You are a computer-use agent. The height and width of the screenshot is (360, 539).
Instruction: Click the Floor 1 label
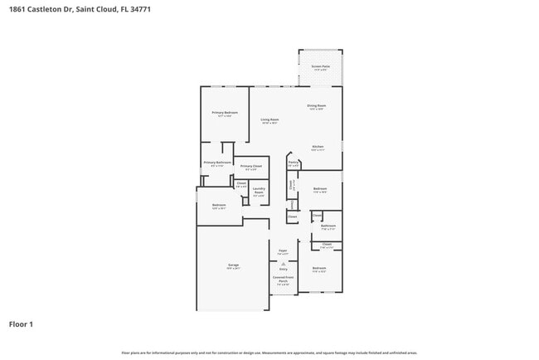coord(21,324)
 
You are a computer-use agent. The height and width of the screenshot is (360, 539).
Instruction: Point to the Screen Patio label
coord(320,66)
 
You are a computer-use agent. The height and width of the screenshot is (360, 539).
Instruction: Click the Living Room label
coord(269,119)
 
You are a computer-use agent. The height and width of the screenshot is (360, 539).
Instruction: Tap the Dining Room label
coord(317,105)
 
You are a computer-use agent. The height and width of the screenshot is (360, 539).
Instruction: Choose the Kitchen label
coord(318,146)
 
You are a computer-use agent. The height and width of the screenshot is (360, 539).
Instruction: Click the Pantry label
coord(293,163)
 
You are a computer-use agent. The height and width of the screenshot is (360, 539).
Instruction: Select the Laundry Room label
coord(259,190)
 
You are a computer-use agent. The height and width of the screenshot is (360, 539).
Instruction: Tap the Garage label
coord(234,265)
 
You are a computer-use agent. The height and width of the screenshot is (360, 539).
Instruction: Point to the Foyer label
coord(283,250)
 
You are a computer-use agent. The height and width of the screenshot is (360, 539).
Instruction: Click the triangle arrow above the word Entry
coord(283,263)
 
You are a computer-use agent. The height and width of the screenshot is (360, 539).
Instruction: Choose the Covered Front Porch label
coord(283,280)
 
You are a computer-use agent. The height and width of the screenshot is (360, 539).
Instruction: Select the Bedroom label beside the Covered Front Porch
coord(319,268)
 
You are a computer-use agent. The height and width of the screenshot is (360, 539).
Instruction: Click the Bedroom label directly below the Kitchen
coord(319,188)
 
